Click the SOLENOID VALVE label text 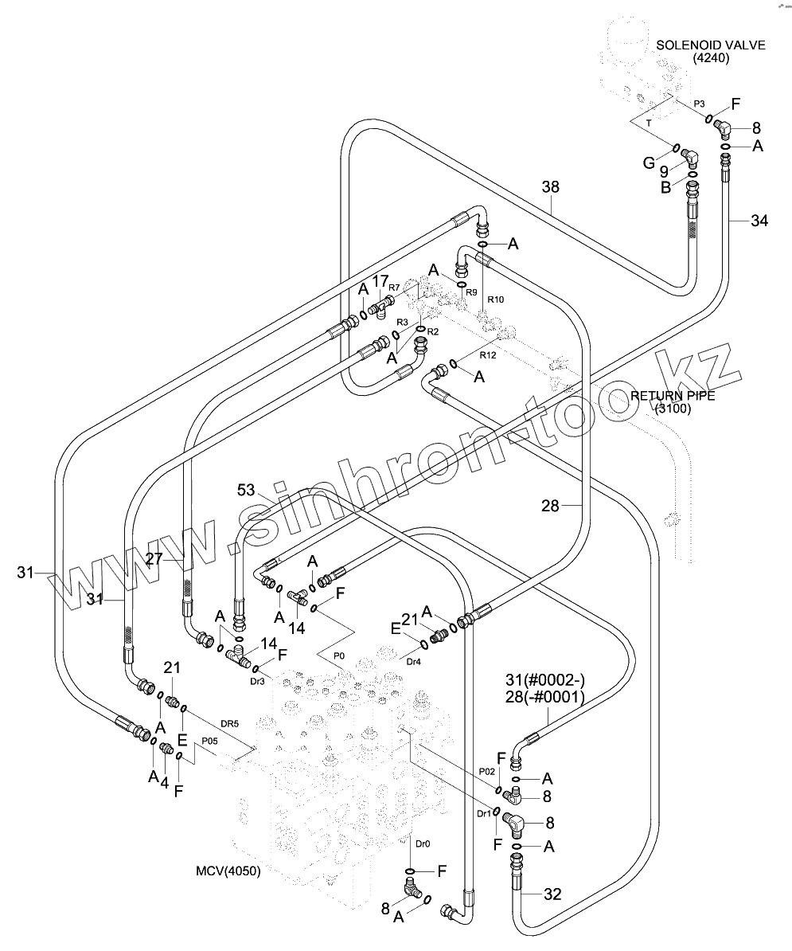(711, 45)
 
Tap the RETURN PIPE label (673, 396)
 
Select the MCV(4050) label (227, 870)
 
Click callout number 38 (551, 187)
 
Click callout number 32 (552, 894)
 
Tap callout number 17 (380, 280)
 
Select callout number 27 (154, 559)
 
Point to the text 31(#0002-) (544, 679)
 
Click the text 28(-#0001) (544, 697)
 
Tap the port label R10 (495, 299)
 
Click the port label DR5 (229, 723)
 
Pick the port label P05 (209, 741)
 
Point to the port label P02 (488, 771)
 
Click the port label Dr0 (423, 843)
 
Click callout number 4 (163, 782)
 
